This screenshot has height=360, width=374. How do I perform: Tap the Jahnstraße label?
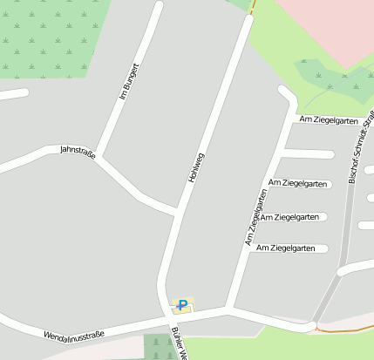[77, 151]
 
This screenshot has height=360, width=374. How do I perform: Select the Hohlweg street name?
[196, 166]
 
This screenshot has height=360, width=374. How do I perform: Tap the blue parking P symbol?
[182, 304]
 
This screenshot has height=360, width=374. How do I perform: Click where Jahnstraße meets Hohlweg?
[178, 210]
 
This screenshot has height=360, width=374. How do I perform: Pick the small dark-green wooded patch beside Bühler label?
[158, 346]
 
